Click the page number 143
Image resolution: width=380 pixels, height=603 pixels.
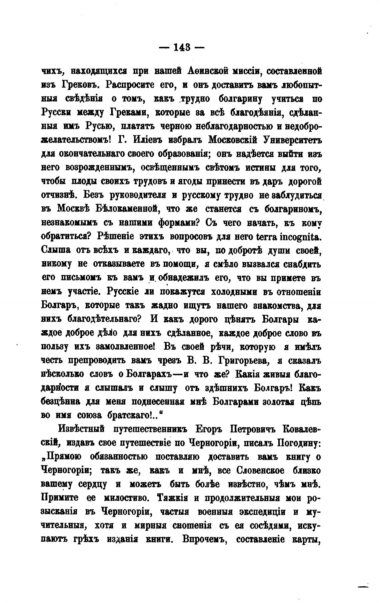182,48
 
